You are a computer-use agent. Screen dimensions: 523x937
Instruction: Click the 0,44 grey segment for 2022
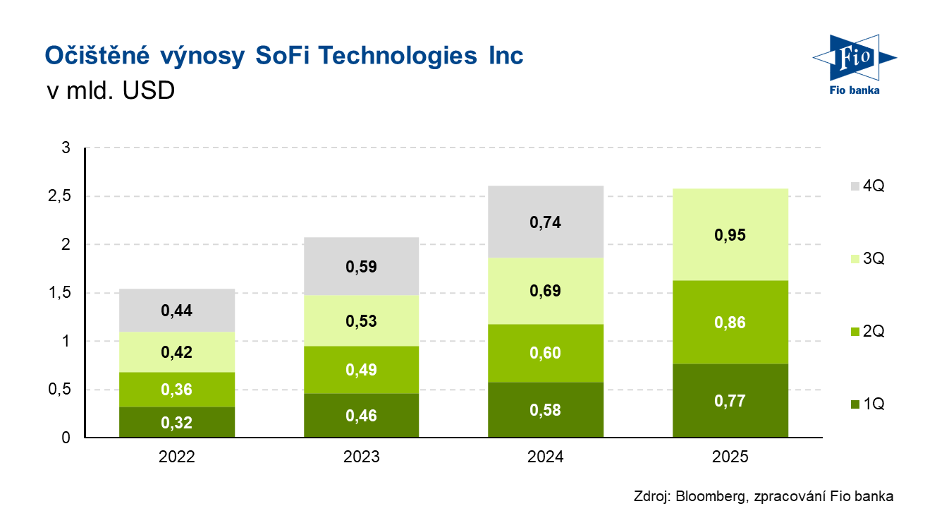point(176,311)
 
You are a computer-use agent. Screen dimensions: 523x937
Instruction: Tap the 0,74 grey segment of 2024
point(545,222)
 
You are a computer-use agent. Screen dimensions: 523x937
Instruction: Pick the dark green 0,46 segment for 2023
point(361,416)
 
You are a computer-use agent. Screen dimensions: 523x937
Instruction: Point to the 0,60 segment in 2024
point(545,353)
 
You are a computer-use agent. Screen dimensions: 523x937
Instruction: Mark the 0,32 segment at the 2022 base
point(176,422)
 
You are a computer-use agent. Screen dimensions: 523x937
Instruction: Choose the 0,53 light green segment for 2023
point(361,321)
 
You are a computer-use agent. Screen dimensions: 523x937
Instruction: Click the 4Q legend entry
point(866,186)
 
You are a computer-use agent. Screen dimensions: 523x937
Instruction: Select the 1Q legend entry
point(866,404)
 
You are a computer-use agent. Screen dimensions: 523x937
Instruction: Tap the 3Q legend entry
point(866,259)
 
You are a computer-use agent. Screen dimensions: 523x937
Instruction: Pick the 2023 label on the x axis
point(361,457)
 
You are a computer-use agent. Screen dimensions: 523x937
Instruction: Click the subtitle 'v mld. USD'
point(109,92)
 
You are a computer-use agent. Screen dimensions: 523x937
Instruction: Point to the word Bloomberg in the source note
point(709,496)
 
